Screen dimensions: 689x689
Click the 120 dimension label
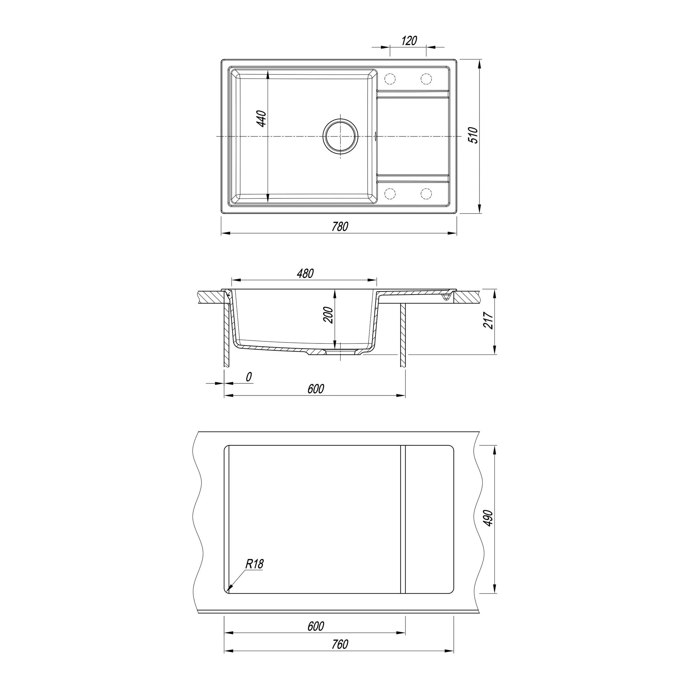click(x=409, y=41)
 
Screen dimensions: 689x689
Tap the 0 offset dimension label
click(x=249, y=377)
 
